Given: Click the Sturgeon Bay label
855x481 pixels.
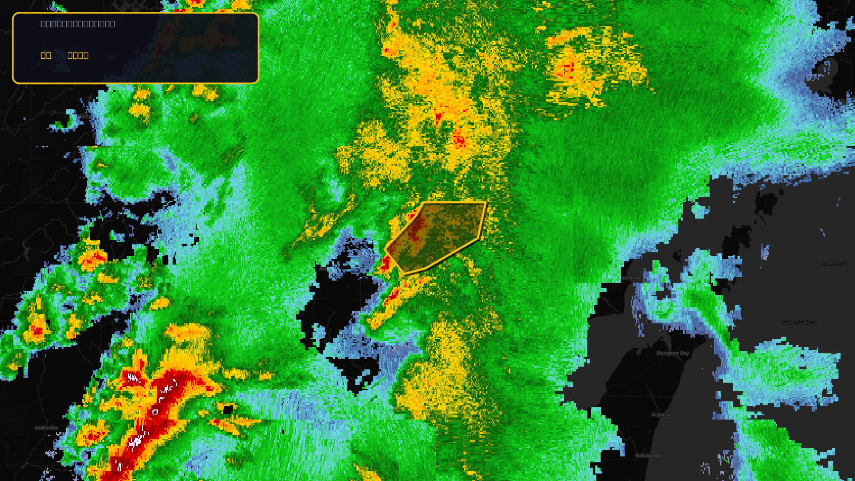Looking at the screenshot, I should click(672, 353).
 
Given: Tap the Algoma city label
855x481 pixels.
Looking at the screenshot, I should click(661, 415).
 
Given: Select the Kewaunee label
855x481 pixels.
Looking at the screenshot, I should click(648, 456).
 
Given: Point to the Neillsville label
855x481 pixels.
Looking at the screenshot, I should click(46, 428).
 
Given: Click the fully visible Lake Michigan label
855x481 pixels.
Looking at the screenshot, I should click(799, 322).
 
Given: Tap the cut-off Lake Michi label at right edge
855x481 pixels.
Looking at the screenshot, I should click(833, 263).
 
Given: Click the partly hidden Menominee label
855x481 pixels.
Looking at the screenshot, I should click(631, 278).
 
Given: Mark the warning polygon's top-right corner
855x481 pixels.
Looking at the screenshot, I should click(486, 203).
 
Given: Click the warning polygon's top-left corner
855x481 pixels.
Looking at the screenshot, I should click(423, 203).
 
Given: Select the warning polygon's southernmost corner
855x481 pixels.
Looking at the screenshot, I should click(405, 275).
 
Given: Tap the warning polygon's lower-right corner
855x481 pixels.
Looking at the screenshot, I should click(479, 237).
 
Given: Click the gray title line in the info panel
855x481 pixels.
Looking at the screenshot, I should click(78, 24).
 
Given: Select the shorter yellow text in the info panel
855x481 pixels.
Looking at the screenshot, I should click(46, 55).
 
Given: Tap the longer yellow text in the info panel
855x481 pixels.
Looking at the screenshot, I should click(78, 55).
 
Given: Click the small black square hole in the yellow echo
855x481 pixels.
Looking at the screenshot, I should click(228, 410).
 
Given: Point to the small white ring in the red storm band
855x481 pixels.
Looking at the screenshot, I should click(155, 413).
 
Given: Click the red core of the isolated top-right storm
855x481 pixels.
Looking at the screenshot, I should click(568, 68).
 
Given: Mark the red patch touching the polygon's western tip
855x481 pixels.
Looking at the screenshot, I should click(384, 262).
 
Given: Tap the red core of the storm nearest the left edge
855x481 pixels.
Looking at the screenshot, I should click(37, 331).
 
